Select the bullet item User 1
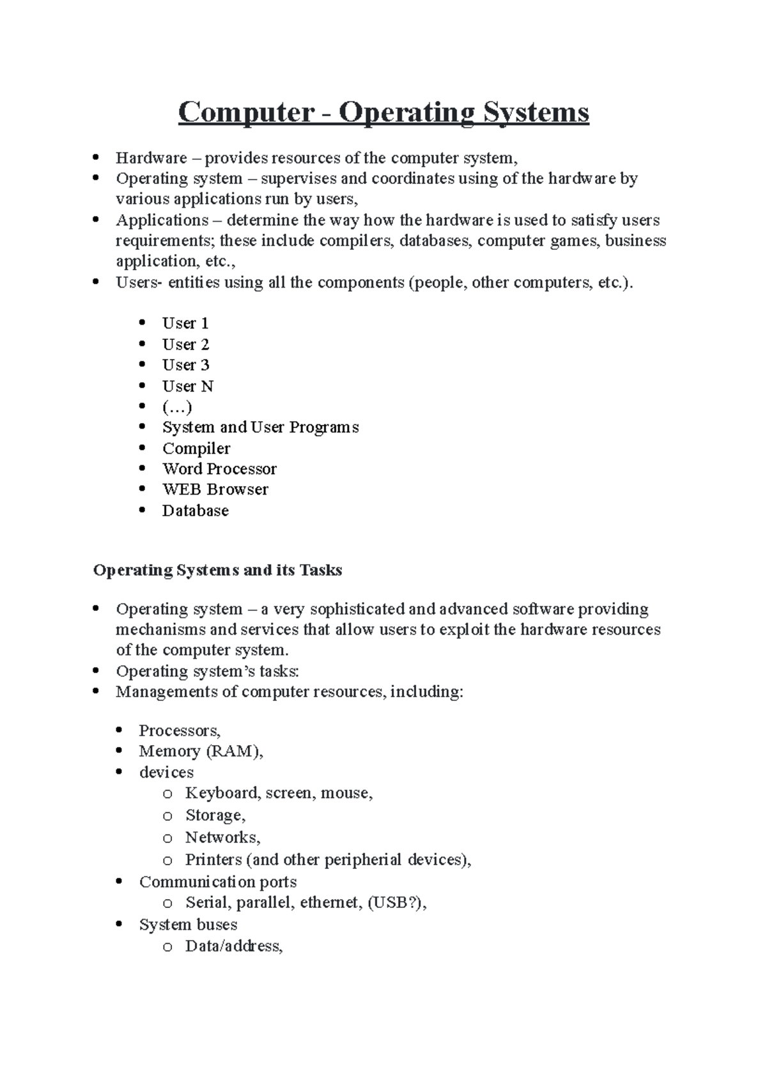point(185,323)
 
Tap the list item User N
point(187,386)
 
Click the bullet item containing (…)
point(177,407)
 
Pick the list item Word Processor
point(219,469)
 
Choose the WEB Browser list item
point(215,489)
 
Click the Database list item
point(195,511)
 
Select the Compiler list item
point(196,449)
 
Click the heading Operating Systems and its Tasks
point(217,570)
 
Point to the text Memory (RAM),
point(201,751)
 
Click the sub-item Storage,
point(215,815)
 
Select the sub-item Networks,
point(222,838)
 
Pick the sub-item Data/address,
point(233,946)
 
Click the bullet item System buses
point(188,925)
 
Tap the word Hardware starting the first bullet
point(151,158)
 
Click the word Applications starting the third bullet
point(162,220)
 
